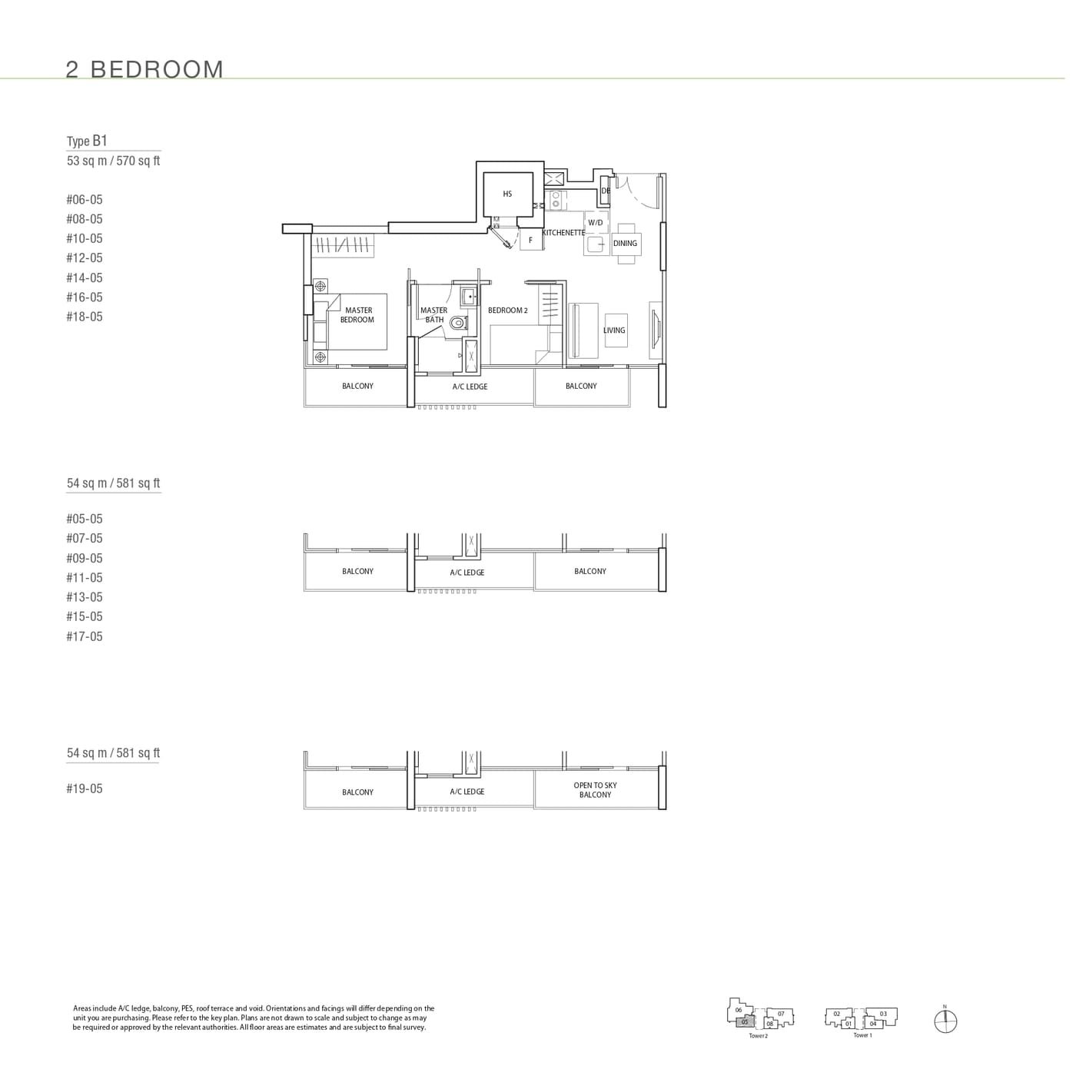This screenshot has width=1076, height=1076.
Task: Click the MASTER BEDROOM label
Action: (x=357, y=315)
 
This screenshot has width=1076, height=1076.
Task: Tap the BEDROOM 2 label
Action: (x=507, y=311)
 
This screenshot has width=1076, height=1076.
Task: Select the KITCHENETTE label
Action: (x=563, y=233)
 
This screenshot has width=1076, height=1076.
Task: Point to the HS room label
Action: (x=507, y=194)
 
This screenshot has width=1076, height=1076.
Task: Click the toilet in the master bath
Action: (x=459, y=323)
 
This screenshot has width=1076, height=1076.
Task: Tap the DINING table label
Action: (x=625, y=244)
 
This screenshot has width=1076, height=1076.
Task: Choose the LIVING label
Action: (x=614, y=330)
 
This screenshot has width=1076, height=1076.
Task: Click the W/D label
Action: (x=596, y=223)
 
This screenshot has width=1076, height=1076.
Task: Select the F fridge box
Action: (x=530, y=241)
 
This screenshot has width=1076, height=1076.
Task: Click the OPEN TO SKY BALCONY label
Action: (x=595, y=790)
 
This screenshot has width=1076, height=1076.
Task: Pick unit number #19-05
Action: (x=85, y=789)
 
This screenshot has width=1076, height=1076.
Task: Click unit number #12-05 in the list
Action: (x=85, y=258)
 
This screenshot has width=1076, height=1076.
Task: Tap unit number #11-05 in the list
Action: (x=85, y=578)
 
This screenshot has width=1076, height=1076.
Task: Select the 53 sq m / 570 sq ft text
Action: (x=114, y=161)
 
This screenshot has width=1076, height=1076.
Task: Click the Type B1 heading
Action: (x=87, y=141)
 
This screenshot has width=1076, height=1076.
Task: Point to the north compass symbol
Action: (x=945, y=1021)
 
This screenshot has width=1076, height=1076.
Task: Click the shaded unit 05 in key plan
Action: (x=744, y=1022)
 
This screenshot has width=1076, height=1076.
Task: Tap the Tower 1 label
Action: (x=862, y=1035)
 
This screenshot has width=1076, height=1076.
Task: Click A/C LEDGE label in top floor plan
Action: (x=470, y=387)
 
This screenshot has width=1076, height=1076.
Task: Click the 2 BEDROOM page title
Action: (x=144, y=69)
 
